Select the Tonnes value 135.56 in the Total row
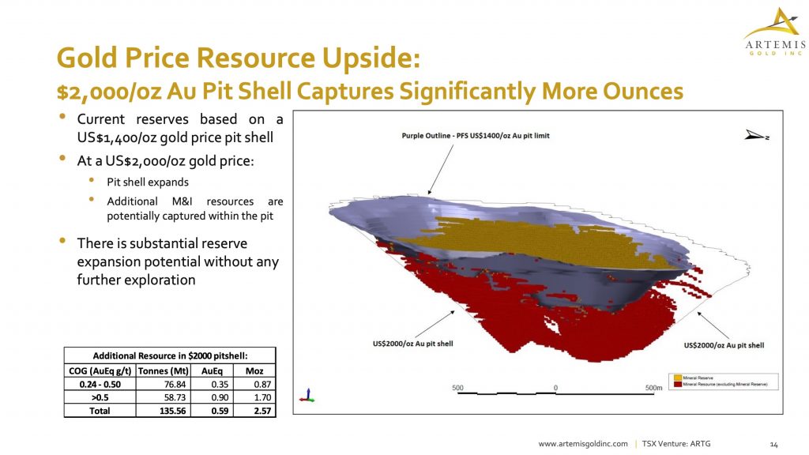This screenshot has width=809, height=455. [158, 411]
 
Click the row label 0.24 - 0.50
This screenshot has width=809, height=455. [100, 384]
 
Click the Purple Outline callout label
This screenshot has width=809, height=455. [475, 136]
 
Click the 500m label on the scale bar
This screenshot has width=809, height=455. [653, 387]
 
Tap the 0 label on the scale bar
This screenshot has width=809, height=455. [555, 387]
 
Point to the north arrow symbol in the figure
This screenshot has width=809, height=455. [756, 136]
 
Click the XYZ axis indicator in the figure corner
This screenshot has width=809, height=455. [309, 393]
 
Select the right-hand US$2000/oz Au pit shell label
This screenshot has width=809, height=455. [724, 345]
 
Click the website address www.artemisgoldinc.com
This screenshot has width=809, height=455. [582, 444]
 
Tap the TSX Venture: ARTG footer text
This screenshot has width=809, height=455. [675, 444]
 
